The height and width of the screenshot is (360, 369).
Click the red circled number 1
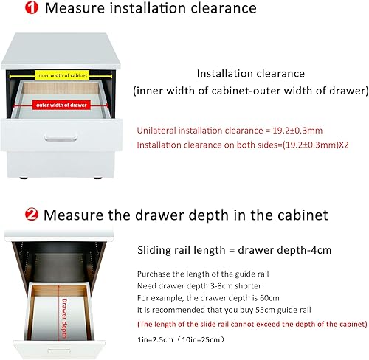coord(12,9)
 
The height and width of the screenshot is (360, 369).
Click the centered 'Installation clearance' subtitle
coord(250,74)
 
